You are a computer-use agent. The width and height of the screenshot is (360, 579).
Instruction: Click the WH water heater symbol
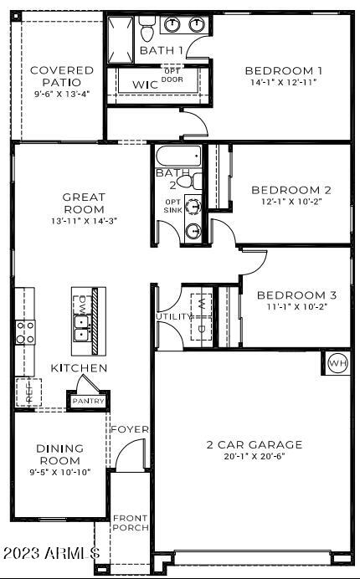click(x=337, y=363)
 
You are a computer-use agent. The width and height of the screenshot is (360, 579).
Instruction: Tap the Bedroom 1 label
click(x=283, y=71)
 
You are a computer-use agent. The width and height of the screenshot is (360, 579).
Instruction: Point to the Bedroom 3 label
click(x=296, y=295)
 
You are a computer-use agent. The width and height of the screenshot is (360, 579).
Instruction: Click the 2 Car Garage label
click(x=255, y=444)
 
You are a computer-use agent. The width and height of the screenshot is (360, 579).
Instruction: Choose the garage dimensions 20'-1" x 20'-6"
click(x=255, y=457)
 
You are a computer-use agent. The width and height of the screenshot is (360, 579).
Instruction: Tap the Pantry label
click(x=89, y=402)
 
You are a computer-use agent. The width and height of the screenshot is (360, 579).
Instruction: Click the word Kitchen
click(x=79, y=368)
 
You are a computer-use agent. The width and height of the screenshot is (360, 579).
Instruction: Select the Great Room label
click(x=84, y=203)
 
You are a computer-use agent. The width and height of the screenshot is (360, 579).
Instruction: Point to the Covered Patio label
click(x=62, y=76)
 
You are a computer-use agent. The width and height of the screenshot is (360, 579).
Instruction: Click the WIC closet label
click(x=146, y=85)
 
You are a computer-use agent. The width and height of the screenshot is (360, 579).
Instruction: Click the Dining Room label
click(x=59, y=454)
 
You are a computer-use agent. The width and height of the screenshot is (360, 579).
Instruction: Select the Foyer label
click(x=131, y=429)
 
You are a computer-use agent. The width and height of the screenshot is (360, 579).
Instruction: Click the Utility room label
click(x=174, y=317)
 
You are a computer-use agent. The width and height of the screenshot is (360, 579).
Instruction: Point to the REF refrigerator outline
click(x=27, y=392)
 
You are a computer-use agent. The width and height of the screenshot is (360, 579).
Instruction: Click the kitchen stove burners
click(x=25, y=332)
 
